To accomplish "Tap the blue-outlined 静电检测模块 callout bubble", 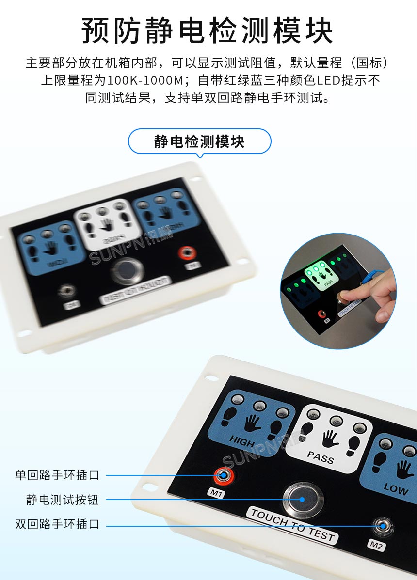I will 199,141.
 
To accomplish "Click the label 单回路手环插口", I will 57,475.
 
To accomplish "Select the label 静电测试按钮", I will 63,500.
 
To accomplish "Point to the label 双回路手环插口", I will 57,524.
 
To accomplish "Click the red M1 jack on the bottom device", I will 224,475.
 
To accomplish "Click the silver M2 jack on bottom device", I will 383,526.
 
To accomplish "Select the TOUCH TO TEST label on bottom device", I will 293,525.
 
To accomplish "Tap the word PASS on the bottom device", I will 321,456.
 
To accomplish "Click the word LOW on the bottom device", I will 396,488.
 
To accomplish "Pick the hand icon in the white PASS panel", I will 331,438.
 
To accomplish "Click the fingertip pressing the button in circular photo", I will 345,297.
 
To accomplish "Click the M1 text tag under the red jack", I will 216,493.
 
